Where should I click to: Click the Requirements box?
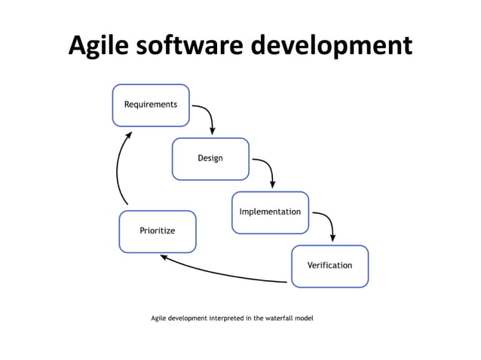[151, 105]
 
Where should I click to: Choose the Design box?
[210, 159]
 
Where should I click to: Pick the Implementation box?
[270, 212]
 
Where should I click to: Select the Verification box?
[329, 266]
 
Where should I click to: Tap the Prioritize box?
[158, 231]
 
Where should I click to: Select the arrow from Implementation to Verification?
[327, 220]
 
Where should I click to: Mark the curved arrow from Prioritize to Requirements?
[118, 169]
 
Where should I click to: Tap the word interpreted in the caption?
[226, 319]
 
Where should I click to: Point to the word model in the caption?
[303, 319]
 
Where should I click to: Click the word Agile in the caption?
[158, 319]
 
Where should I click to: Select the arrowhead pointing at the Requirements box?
[129, 136]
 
